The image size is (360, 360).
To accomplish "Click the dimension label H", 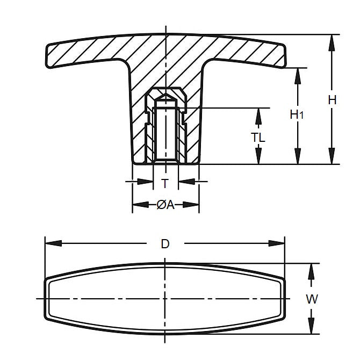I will point(332,99).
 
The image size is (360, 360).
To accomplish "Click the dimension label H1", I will point(297,114).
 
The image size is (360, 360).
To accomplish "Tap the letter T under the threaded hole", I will point(165,183).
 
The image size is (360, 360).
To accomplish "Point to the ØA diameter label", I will point(165,205).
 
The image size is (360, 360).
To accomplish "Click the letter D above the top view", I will point(165,243).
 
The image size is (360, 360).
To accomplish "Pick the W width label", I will point(311,299).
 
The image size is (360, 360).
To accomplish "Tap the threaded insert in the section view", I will point(165,129).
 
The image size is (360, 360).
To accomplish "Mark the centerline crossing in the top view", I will point(165,298).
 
